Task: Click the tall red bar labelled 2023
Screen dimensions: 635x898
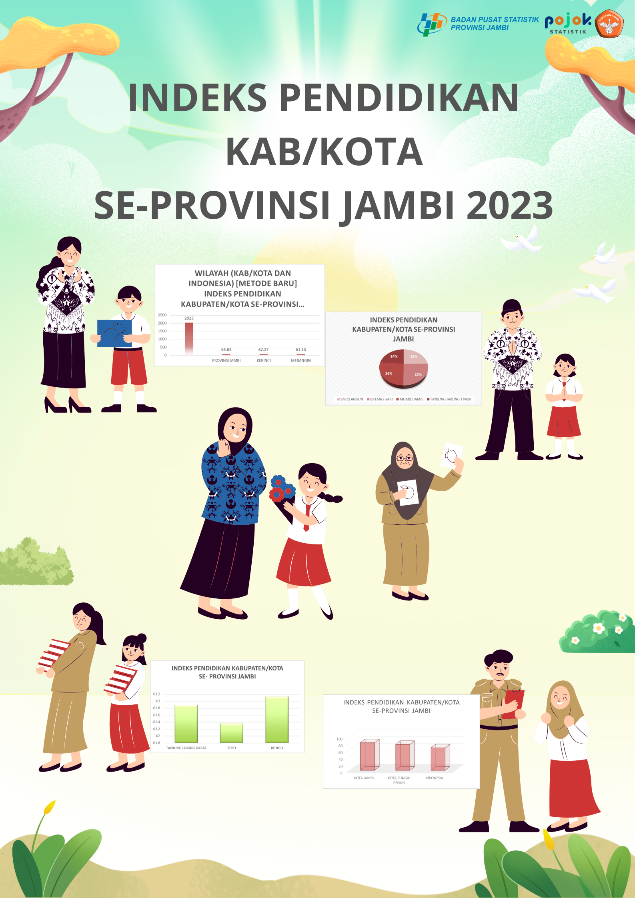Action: [x=189, y=338]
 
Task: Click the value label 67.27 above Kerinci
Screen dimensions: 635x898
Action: [x=263, y=350]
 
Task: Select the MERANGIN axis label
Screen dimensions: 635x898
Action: [x=301, y=360]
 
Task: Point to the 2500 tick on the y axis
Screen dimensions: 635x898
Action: [x=162, y=315]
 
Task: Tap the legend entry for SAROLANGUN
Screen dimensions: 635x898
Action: [x=350, y=399]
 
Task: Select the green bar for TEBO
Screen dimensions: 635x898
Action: [x=232, y=733]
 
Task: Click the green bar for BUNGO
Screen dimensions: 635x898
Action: [x=277, y=720]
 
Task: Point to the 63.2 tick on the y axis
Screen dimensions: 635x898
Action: [x=156, y=694]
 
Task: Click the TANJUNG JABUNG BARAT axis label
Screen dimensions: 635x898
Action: [x=186, y=748]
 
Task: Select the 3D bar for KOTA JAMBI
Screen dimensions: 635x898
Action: [x=369, y=754]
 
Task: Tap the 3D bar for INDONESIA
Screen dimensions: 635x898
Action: [x=440, y=757]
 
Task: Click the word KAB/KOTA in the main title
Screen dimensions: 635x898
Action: [x=325, y=152]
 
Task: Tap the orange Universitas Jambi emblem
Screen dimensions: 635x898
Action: [x=609, y=24]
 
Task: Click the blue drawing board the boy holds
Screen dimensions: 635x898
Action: [x=114, y=333]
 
